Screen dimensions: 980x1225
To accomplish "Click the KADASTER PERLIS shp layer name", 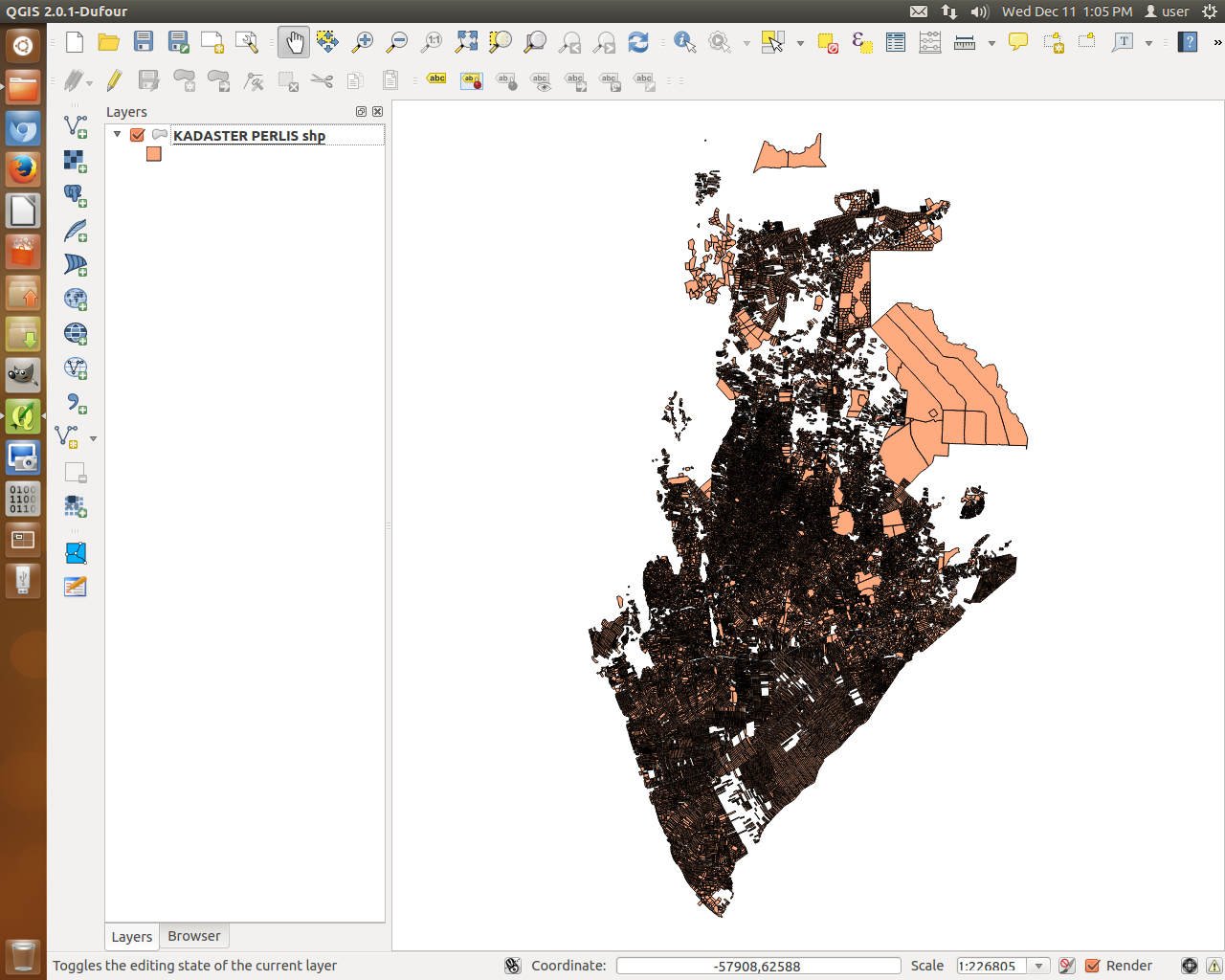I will point(249,136).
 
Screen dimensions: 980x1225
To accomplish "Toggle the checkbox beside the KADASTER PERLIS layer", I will point(138,135).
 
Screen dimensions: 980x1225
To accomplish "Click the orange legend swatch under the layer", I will point(154,154).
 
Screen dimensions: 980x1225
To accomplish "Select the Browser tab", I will point(193,936).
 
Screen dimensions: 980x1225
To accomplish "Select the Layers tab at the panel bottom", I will point(131,937).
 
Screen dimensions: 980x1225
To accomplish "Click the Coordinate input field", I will point(758,966).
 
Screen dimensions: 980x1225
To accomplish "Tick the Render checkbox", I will point(1093,966).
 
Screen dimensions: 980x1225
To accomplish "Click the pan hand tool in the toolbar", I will point(294,42).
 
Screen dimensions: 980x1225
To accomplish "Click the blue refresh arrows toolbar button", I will point(638,42).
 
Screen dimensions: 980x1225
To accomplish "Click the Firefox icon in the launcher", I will point(23,169).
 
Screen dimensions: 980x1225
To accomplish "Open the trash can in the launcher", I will point(23,955).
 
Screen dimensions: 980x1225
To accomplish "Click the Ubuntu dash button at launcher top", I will point(23,45).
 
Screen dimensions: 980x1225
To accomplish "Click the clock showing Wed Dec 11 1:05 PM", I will point(1066,11).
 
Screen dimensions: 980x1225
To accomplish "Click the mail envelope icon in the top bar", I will point(919,11).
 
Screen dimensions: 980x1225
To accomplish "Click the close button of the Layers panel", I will point(378,112).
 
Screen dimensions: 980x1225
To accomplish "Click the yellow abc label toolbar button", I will point(436,79).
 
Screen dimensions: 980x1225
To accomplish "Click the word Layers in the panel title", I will point(126,112).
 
